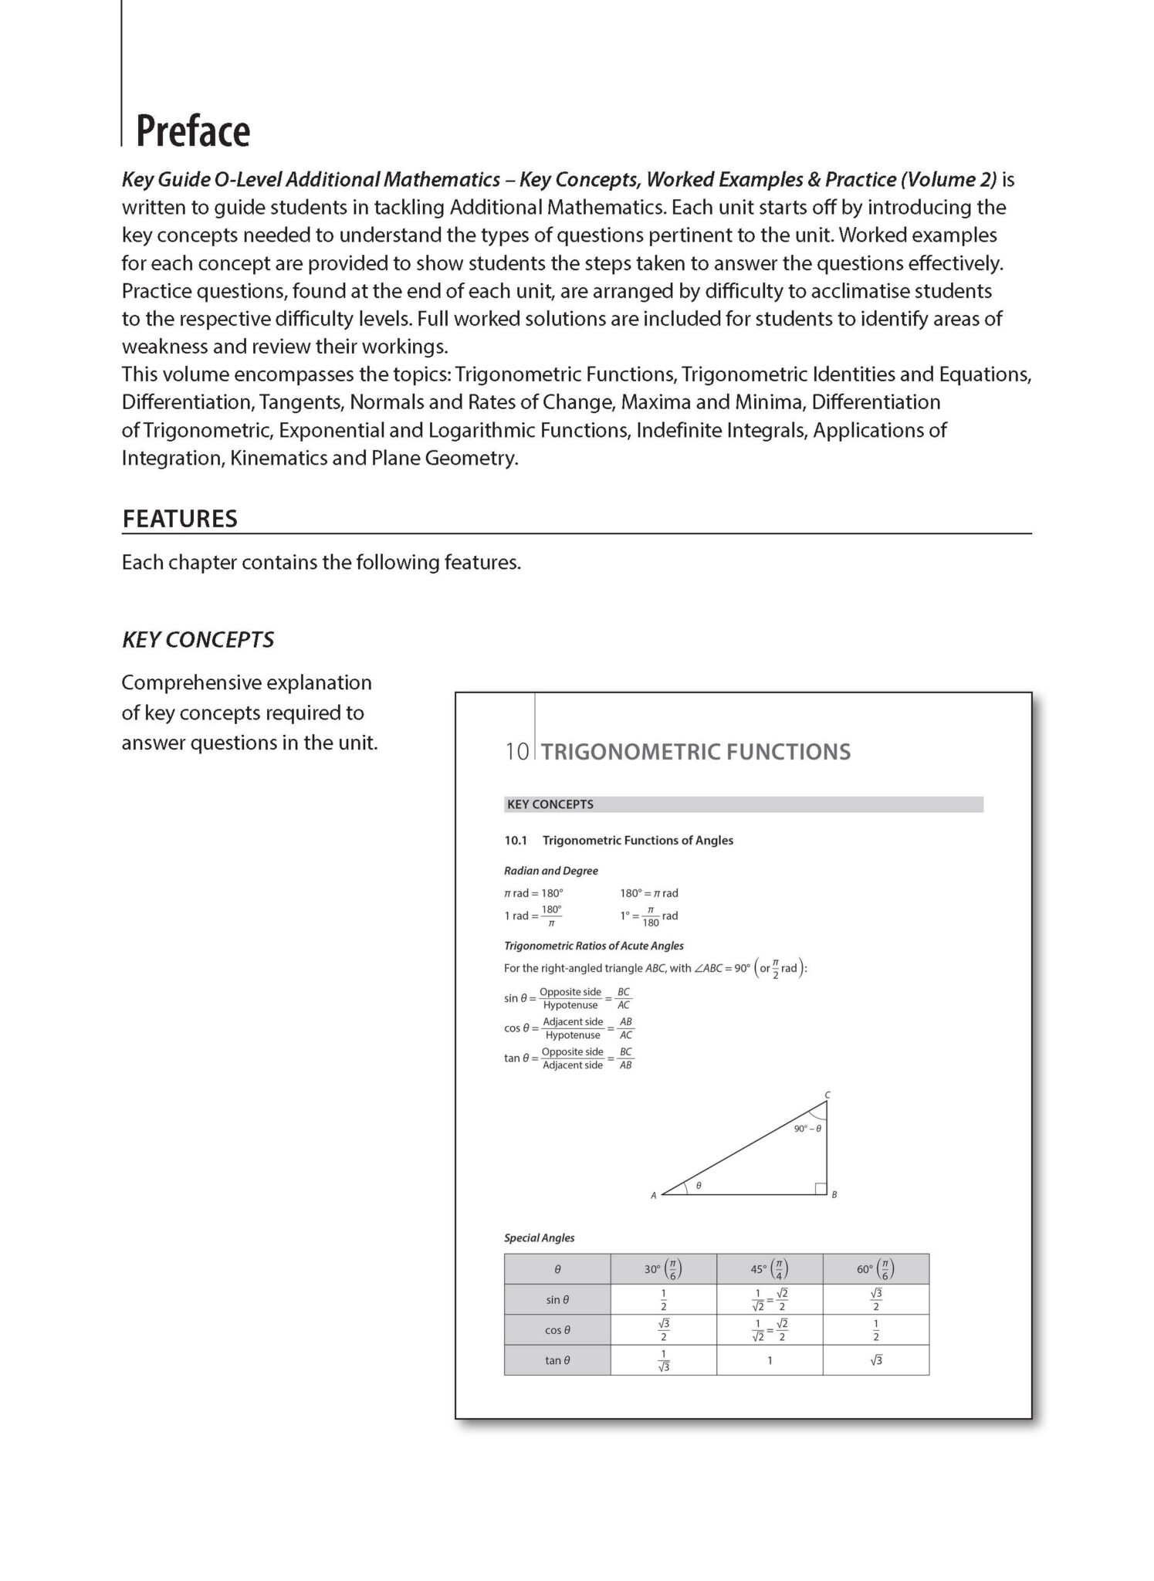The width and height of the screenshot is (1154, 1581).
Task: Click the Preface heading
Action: click(x=193, y=131)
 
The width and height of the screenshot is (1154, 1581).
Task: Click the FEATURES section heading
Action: click(x=179, y=519)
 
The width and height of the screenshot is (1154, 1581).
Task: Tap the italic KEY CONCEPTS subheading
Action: click(x=198, y=640)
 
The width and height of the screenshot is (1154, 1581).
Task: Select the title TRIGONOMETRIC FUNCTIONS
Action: click(x=695, y=752)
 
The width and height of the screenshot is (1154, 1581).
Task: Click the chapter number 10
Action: click(x=516, y=752)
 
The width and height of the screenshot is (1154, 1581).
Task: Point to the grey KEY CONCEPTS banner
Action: click(x=743, y=804)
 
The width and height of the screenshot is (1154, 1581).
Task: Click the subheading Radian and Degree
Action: click(x=550, y=871)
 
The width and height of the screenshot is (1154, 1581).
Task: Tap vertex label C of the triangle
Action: click(x=827, y=1094)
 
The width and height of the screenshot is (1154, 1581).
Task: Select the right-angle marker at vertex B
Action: click(x=821, y=1189)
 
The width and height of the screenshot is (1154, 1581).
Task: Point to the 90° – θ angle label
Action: click(x=807, y=1129)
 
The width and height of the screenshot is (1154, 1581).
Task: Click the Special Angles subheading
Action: click(x=539, y=1237)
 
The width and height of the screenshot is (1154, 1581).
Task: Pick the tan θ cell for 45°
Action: click(x=769, y=1361)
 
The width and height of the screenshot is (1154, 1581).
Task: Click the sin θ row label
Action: click(x=557, y=1300)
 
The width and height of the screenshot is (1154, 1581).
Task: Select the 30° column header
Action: click(x=662, y=1269)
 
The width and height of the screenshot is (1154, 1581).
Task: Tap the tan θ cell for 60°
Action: click(x=875, y=1361)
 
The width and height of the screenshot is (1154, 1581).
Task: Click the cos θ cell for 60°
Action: click(x=875, y=1330)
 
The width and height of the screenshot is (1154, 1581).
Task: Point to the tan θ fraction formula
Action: click(x=569, y=1058)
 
